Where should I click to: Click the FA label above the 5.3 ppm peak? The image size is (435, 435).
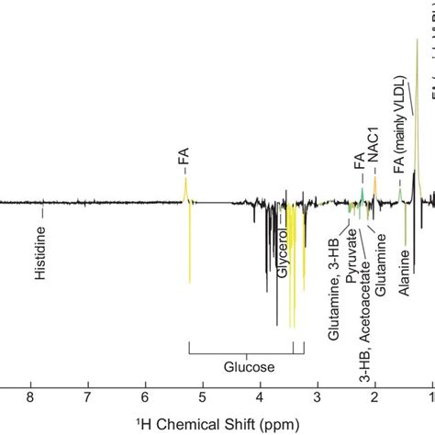point(184,164)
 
